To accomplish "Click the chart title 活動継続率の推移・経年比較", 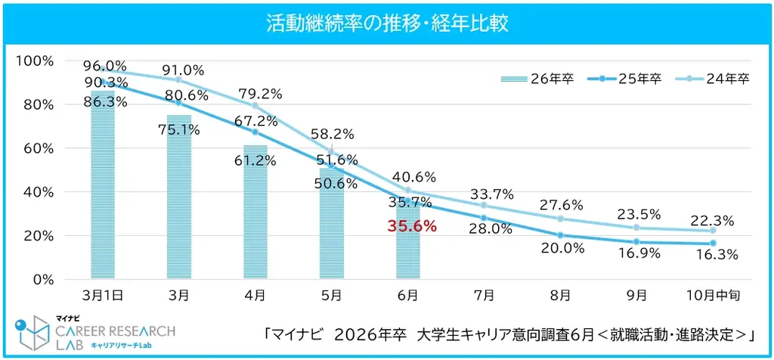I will [x=386, y=23].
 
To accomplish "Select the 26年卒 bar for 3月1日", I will [x=103, y=189].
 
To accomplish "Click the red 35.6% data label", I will [x=412, y=225].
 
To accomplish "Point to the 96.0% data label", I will [x=106, y=65].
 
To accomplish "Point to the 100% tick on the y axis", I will [x=34, y=61].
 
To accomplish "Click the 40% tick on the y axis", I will [x=37, y=191].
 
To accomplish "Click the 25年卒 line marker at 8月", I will [x=561, y=235].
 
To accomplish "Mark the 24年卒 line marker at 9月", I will [x=637, y=228].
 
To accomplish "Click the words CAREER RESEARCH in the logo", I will [x=116, y=331].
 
